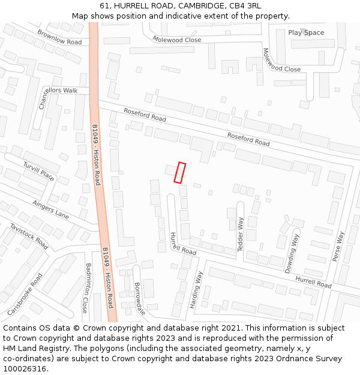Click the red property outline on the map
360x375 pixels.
pos(179,172)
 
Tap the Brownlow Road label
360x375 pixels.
pos(59,38)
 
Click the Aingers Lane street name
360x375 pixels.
pos(51,210)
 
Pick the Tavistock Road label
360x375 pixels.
pos(29,236)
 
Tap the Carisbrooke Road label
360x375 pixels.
pos(25,295)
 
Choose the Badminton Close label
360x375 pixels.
pos(86,287)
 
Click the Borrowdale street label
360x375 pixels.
pos(139,298)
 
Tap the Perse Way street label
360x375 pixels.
pos(338,247)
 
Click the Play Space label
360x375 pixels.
pos(306,33)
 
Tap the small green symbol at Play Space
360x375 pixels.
pos(303,31)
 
